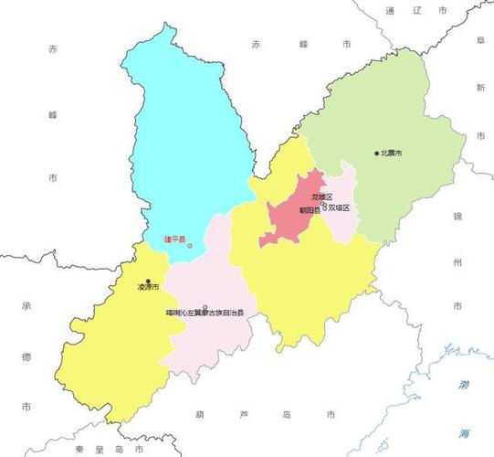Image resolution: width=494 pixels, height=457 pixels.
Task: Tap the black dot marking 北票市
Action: tap(376, 153)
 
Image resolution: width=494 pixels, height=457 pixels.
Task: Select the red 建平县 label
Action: tap(173, 240)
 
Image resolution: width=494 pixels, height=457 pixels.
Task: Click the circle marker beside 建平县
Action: tap(190, 246)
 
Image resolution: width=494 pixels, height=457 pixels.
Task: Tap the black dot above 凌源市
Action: tap(148, 281)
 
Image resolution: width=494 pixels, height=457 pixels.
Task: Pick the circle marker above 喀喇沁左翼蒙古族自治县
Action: tap(205, 307)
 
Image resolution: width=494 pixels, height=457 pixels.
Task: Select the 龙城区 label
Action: tap(322, 197)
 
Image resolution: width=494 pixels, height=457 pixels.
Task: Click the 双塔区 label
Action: tap(340, 208)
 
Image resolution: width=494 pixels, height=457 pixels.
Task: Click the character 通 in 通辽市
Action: tap(390, 10)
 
